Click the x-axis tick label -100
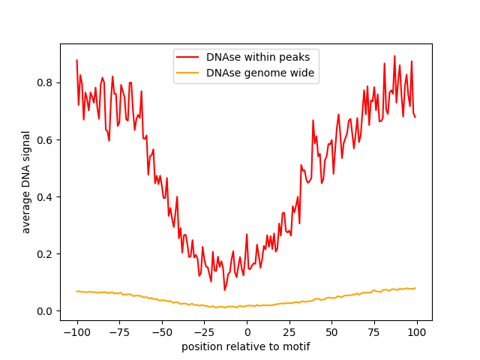coord(76,332)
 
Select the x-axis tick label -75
coord(119,332)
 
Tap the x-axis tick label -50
coord(162,332)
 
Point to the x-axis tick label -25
coord(204,332)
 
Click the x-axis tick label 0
coord(247,332)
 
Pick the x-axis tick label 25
coord(289,332)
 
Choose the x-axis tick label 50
coord(332,332)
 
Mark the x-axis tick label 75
coord(374,332)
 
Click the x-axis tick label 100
coord(417,332)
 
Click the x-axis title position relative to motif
coord(246,346)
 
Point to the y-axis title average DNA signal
coord(26,182)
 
